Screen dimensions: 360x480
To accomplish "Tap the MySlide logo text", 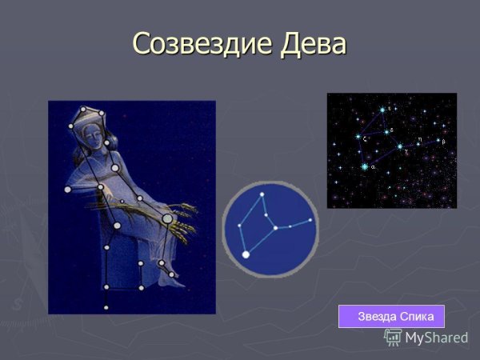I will coord(436,338).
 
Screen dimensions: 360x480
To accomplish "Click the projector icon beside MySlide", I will coord(393,337).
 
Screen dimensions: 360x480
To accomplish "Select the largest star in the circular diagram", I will coord(246,254).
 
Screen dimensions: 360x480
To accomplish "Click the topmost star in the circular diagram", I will coord(262,194).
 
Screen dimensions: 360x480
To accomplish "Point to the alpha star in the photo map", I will coord(365,166).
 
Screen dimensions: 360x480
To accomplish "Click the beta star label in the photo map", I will coord(443,142).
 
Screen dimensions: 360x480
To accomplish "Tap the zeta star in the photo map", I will coord(358,138).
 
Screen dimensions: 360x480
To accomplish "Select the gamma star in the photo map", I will coord(400,146).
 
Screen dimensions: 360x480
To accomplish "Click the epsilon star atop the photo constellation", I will coord(382,110).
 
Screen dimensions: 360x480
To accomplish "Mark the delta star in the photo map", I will coord(387,132).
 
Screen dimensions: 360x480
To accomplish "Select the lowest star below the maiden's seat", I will coord(106,307).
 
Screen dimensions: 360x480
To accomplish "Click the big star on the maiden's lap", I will coord(167,218).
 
